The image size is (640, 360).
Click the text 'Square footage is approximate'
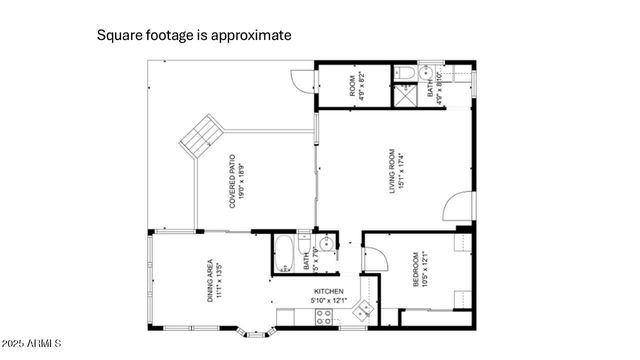point(194,35)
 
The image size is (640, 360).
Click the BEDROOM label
point(421,269)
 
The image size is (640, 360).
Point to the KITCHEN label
point(329,293)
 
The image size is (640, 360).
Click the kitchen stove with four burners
point(325,318)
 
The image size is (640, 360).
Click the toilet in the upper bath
point(406,73)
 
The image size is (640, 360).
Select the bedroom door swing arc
point(375,260)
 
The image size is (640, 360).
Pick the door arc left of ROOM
point(302,83)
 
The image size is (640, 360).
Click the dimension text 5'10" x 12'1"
point(329,301)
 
